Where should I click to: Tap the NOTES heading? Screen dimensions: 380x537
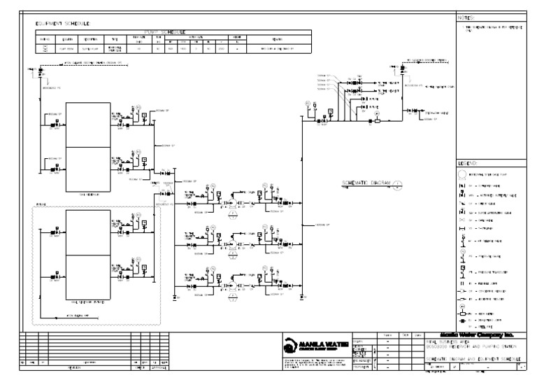(466, 17)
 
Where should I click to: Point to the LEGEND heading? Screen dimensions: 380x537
(467, 163)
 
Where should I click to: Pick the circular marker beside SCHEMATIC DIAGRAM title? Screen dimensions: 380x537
(396, 185)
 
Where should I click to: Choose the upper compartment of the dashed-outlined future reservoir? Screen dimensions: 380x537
(87, 232)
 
